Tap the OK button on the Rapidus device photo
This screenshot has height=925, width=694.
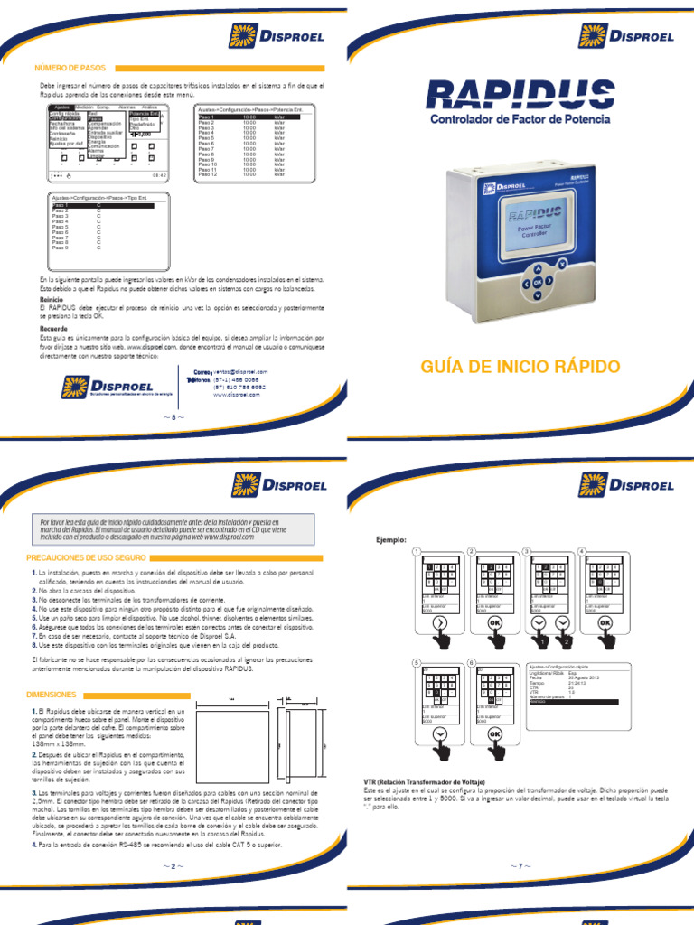click(538, 283)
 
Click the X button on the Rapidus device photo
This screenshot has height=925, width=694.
click(561, 265)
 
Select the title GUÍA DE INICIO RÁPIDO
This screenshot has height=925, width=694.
click(520, 367)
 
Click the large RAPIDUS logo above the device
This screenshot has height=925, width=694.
click(519, 94)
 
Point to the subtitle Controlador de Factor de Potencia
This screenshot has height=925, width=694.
click(520, 118)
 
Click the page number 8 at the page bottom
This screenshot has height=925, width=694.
click(173, 417)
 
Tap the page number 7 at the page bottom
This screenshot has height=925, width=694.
click(520, 866)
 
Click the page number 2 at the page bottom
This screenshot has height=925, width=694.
click(173, 866)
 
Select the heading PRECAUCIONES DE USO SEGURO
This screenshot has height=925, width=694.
click(87, 558)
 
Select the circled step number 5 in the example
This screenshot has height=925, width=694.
click(417, 662)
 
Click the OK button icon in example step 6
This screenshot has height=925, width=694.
click(495, 734)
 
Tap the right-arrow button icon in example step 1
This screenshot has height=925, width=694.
click(440, 623)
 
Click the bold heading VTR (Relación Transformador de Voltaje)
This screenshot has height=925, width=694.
click(424, 780)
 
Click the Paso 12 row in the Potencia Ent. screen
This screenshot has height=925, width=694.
click(208, 173)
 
